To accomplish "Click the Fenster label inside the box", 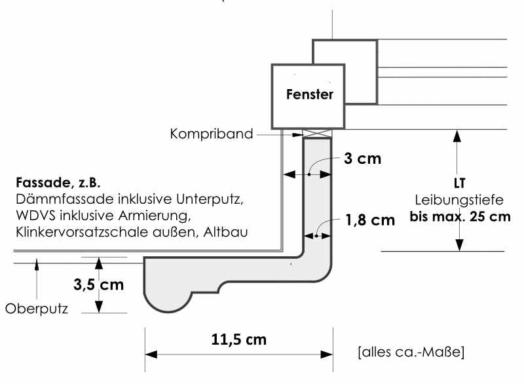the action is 310,94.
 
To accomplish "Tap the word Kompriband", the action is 211,134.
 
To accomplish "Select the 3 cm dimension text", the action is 363,159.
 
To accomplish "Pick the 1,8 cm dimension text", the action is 370,220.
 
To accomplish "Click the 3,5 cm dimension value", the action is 99,285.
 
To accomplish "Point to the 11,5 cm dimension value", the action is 239,339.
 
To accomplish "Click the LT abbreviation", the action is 460,183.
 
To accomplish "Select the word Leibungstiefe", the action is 459,200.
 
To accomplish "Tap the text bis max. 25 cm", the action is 460,216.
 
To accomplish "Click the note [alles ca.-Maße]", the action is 411,352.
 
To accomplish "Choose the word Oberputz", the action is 37,309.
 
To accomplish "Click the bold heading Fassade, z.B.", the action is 58,182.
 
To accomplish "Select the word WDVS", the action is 35,216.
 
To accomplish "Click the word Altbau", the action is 225,232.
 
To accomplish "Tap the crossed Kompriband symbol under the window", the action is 317,132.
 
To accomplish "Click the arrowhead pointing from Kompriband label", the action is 297,135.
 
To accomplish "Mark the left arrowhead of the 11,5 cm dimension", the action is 151,355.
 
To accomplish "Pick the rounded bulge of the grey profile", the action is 168,302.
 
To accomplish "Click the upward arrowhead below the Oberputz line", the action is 37,264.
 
